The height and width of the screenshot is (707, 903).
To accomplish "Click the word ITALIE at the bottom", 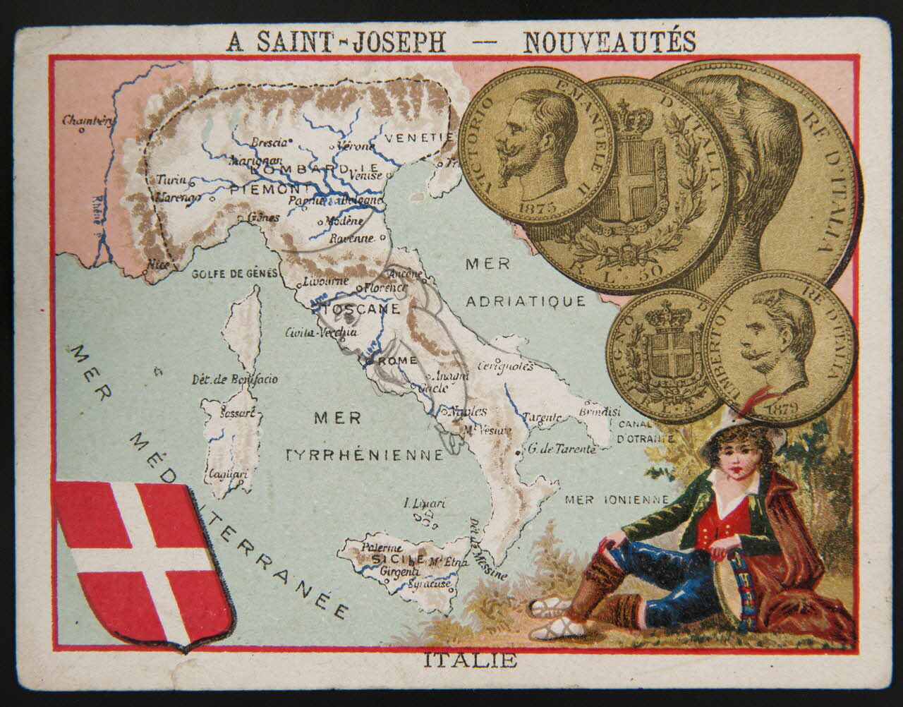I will [x=471, y=661].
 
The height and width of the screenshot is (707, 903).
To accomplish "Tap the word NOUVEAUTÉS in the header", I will [x=608, y=42].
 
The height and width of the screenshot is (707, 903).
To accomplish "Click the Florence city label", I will [x=384, y=287].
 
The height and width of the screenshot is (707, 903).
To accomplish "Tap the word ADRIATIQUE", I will [x=526, y=301].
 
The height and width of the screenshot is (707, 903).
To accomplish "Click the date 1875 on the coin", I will [x=537, y=207].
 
